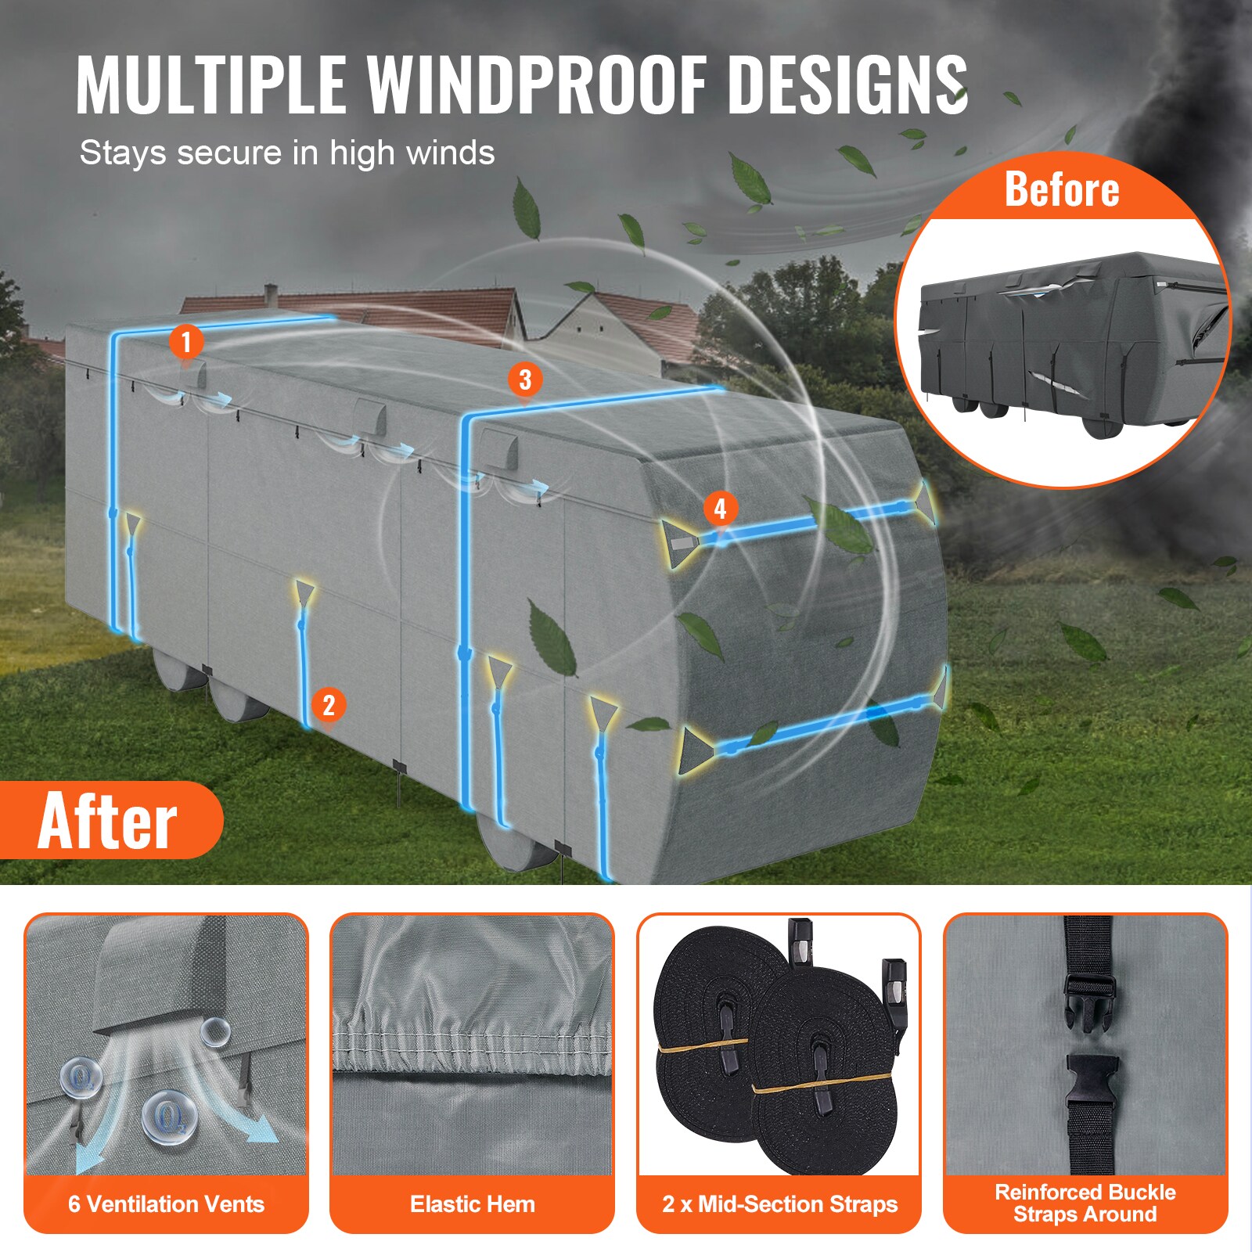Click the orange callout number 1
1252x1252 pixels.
[x=186, y=342]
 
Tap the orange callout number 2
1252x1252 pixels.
[x=329, y=705]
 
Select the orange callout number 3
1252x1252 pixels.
[x=525, y=380]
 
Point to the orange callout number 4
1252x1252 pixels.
[x=720, y=509]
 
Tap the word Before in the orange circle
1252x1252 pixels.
[x=1062, y=189]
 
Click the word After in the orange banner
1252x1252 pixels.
[x=108, y=820]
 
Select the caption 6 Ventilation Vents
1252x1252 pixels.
[x=166, y=1203]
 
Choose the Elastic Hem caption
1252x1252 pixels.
[x=472, y=1203]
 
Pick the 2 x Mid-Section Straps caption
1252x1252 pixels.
[x=779, y=1203]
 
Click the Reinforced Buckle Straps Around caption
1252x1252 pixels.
[x=1085, y=1203]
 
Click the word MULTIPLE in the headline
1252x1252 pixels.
[x=211, y=85]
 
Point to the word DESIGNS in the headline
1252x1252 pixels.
[x=848, y=85]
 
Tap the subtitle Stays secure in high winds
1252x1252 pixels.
[x=287, y=153]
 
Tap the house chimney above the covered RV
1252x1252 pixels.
[x=270, y=293]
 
